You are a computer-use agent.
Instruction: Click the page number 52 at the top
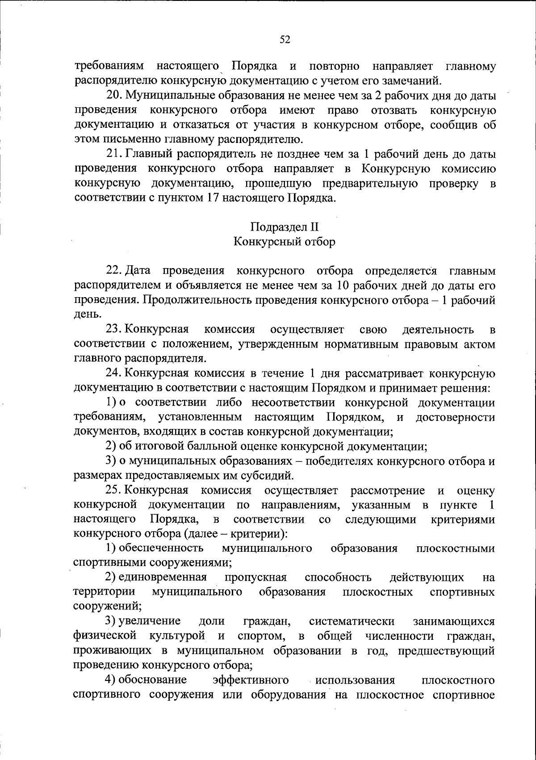click(285, 40)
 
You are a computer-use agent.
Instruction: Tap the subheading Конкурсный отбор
click(284, 242)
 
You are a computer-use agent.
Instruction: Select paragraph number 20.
click(114, 96)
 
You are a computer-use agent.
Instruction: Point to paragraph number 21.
click(114, 155)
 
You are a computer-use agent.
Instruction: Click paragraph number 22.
click(113, 271)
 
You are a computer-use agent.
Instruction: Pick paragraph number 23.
click(113, 330)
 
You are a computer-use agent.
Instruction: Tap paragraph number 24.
click(113, 374)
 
